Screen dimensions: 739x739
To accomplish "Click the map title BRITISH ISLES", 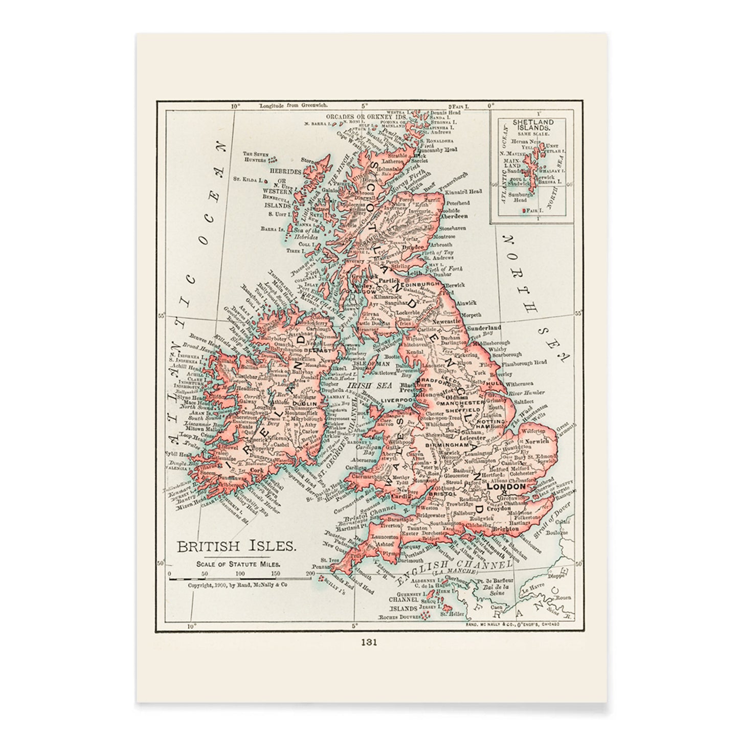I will tap(236, 546).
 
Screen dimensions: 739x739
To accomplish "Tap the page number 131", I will tap(369, 643).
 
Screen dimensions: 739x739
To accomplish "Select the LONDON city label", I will tap(506, 487).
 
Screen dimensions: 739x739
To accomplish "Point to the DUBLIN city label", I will tap(304, 404).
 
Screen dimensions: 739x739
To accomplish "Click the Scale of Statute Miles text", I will tap(236, 564).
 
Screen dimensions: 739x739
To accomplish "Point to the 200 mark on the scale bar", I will tap(308, 574).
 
